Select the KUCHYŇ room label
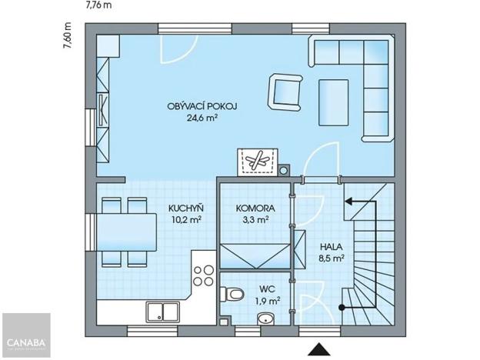point(185,207)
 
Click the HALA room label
point(332,247)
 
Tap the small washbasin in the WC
point(267,318)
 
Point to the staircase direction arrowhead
point(348,202)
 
